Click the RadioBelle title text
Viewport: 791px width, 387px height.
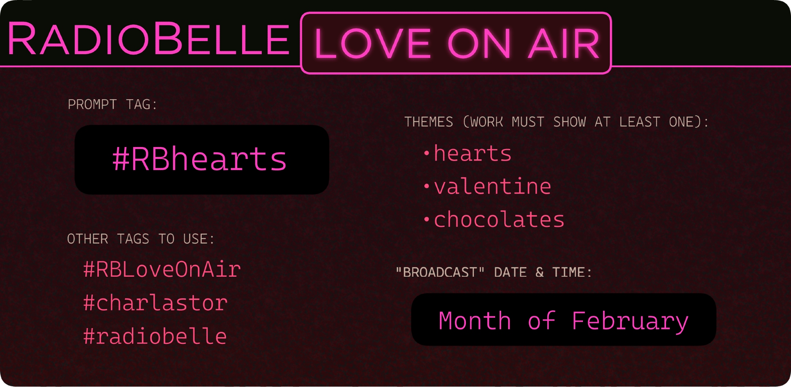click(x=148, y=39)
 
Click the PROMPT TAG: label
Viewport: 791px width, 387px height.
click(x=112, y=104)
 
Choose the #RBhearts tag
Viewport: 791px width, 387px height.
click(x=200, y=159)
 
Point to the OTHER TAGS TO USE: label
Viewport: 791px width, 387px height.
click(x=141, y=239)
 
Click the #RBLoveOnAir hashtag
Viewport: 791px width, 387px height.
click(x=162, y=269)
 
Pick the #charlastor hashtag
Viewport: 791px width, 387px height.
click(x=155, y=303)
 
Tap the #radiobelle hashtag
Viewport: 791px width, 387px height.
click(x=155, y=336)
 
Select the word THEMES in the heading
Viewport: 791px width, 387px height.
click(x=429, y=122)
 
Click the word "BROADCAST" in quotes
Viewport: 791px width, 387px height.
click(x=440, y=272)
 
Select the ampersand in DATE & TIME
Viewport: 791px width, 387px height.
click(x=539, y=272)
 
